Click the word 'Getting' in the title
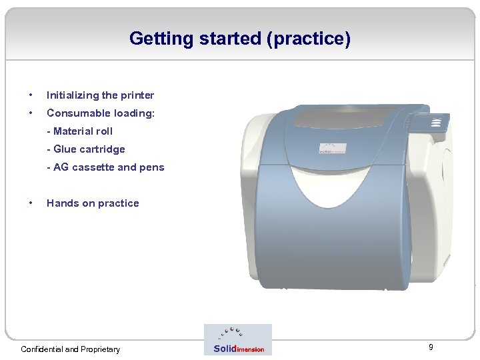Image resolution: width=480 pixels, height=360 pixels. click(x=161, y=39)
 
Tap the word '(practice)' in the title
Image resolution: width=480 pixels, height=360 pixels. click(x=309, y=39)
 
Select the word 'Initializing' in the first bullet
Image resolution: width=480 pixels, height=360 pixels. click(x=73, y=95)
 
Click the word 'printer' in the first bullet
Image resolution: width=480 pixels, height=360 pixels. click(x=137, y=95)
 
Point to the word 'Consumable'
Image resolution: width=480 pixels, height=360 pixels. click(x=79, y=113)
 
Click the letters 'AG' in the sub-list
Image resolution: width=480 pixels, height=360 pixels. click(x=61, y=167)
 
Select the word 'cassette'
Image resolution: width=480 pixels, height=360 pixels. click(x=93, y=167)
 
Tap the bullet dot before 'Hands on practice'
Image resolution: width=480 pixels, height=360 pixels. click(x=31, y=203)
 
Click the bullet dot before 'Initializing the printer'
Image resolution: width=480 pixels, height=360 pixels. click(x=31, y=95)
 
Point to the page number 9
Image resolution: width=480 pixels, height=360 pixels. click(x=431, y=347)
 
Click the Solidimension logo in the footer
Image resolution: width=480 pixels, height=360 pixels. click(x=238, y=340)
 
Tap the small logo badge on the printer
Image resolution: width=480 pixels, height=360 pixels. click(x=333, y=148)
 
